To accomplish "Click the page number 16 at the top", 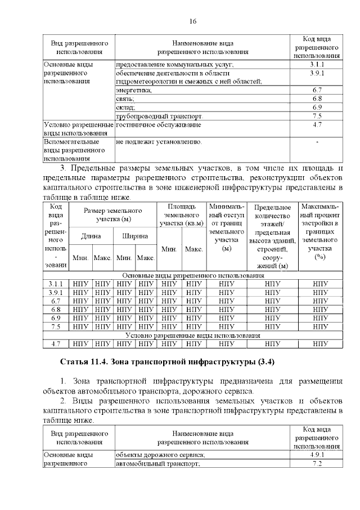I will pos(192,21).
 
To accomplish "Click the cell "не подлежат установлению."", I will pos(159,142).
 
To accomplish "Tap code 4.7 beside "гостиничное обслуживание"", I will pos(316,124).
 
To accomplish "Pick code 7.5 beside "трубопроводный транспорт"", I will pos(316,116).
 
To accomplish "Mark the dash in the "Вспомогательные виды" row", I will pos(317,142).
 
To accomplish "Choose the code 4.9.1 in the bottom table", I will pos(316,454).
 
